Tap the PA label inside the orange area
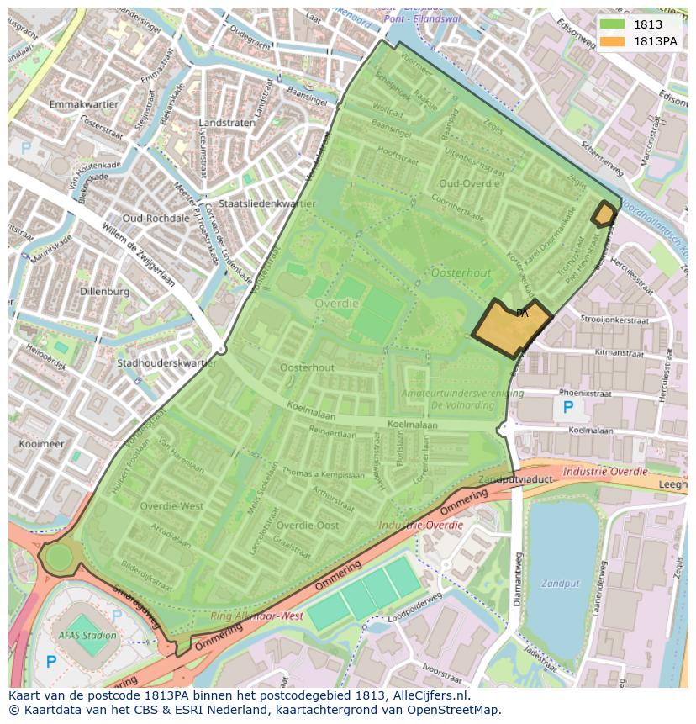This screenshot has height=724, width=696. pyautogui.click(x=522, y=314)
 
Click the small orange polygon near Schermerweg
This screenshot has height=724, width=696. pyautogui.click(x=604, y=214)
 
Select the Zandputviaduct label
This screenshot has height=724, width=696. pyautogui.click(x=515, y=478)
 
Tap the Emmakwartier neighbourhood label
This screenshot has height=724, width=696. pyautogui.click(x=83, y=104)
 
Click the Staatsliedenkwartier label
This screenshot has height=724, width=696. pyautogui.click(x=266, y=203)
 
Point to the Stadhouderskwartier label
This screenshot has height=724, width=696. pyautogui.click(x=166, y=363)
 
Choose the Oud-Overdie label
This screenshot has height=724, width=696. pyautogui.click(x=469, y=183)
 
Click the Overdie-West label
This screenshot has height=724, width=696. pyautogui.click(x=171, y=506)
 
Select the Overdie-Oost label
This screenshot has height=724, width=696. pyautogui.click(x=308, y=525)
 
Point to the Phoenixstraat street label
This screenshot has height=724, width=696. pyautogui.click(x=584, y=393)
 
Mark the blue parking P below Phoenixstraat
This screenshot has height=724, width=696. pyautogui.click(x=568, y=408)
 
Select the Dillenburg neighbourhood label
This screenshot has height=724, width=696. pyautogui.click(x=104, y=291)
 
